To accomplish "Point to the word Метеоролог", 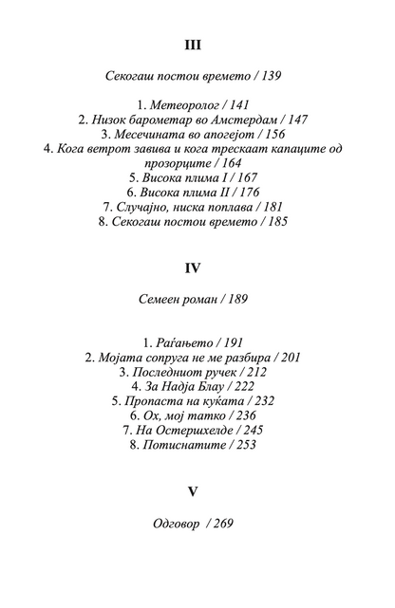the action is coord(186,105).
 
